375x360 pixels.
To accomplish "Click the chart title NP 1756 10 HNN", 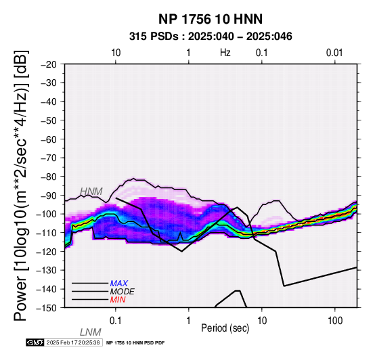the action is [211, 19].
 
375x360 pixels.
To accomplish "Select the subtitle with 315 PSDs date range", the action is [211, 37].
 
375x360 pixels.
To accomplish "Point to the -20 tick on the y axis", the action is [49, 64].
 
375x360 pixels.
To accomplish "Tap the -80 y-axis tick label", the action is [49, 177].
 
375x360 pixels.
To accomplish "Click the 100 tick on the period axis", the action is [335, 321].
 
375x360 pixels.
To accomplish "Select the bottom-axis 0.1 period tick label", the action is [115, 321].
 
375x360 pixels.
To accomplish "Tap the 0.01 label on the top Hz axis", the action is [334, 53].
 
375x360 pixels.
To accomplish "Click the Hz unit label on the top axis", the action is [225, 53].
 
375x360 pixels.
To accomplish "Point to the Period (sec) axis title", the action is [225, 328].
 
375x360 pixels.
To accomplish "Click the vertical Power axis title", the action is [21, 185].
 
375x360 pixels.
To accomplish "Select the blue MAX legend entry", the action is [119, 284].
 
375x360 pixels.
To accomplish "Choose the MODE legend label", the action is [123, 292].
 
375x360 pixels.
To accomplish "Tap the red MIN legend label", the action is [118, 300].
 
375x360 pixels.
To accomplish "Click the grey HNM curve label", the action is [91, 192].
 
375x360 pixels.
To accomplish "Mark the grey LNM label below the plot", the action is [91, 332].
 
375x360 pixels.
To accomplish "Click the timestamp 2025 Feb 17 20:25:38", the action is [73, 342].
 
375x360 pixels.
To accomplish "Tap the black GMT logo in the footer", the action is [35, 342].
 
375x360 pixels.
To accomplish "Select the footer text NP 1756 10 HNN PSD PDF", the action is [135, 343].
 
